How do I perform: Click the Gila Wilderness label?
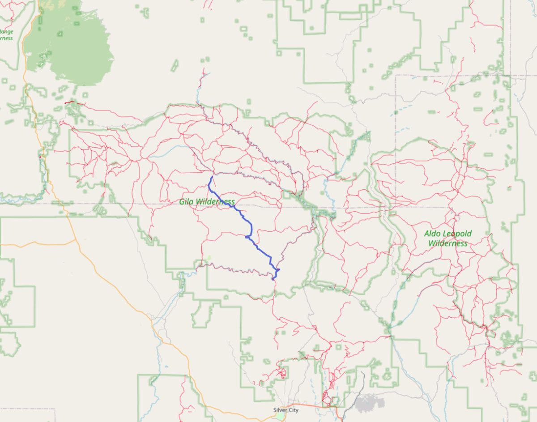207,202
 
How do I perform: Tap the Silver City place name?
286,410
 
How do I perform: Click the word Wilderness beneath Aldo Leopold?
448,243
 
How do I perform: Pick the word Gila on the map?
187,202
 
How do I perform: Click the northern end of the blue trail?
211,176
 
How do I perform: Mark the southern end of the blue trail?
273,279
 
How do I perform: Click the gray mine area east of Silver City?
370,403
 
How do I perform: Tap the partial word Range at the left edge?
6,31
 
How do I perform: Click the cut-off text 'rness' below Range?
6,38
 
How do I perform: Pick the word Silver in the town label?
281,410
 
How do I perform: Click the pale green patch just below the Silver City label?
280,416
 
